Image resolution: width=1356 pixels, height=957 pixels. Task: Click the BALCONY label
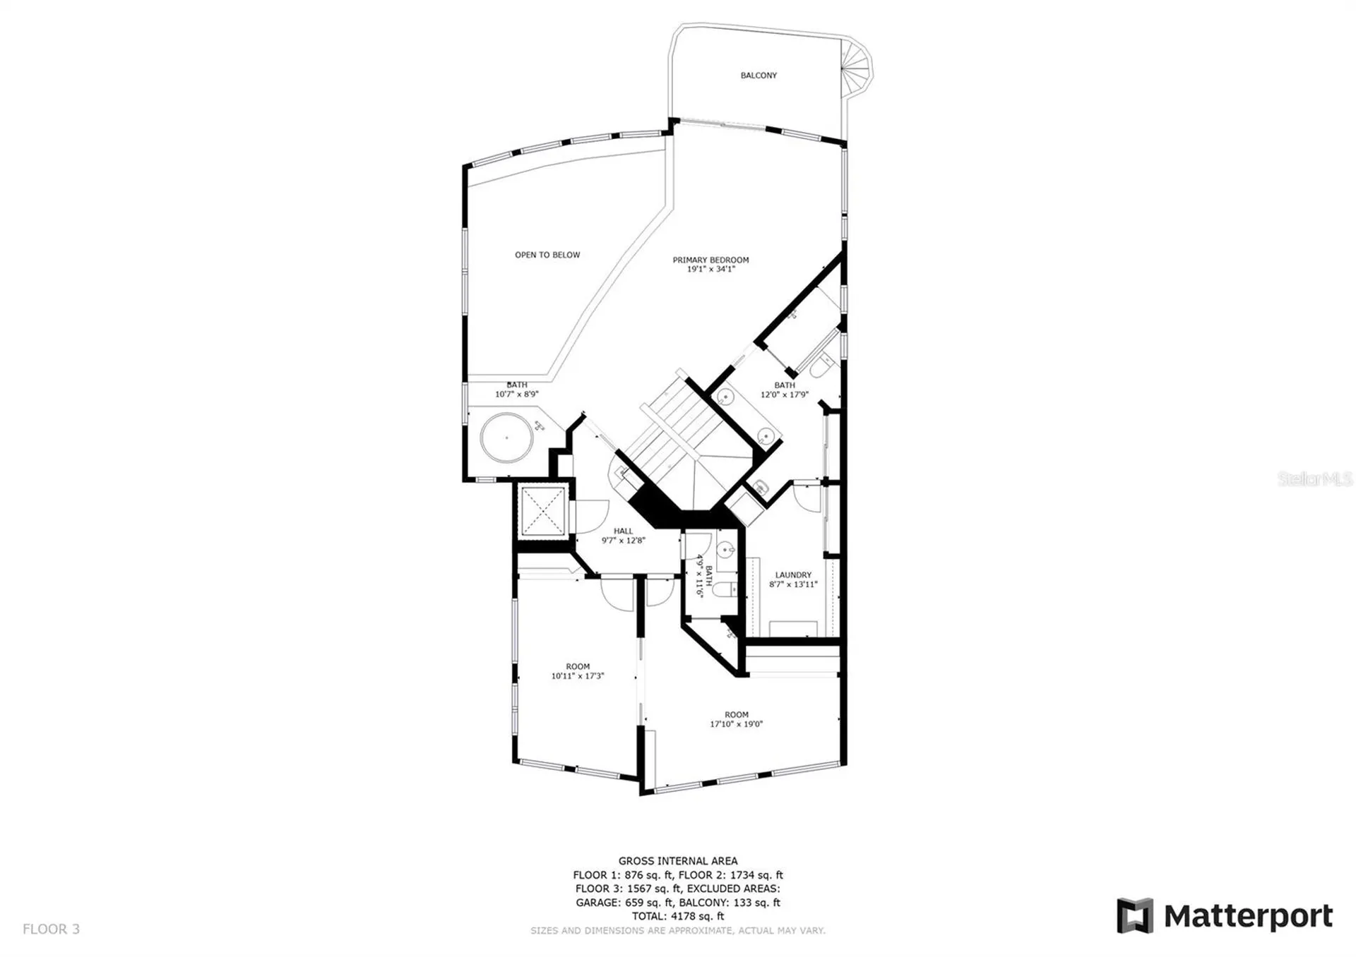pos(759,76)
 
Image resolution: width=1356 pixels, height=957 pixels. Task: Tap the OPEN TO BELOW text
pos(547,255)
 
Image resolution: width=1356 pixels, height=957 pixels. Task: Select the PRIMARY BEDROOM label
pos(710,260)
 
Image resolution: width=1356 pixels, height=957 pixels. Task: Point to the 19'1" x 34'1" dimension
pos(711,269)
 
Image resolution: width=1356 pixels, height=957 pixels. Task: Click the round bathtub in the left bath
pos(506,438)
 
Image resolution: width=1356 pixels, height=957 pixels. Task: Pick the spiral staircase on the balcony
pos(856,67)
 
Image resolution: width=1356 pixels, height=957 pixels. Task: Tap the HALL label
pos(624,531)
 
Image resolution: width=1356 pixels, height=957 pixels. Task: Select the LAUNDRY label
pos(793,575)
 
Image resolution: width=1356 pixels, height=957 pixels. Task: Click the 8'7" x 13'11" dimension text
pos(793,584)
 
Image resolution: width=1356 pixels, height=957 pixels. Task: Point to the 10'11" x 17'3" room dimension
pos(578,676)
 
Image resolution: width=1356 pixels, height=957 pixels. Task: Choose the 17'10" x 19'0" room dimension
pos(737,724)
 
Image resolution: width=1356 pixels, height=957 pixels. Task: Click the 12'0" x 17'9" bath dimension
pos(785,395)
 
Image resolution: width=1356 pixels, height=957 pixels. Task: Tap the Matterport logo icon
pos(1135,915)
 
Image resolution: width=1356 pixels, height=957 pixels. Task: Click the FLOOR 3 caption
pos(52,929)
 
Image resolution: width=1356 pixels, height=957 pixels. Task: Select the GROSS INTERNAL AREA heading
pos(678,861)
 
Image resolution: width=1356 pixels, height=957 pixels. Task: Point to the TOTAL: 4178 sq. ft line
pos(678,916)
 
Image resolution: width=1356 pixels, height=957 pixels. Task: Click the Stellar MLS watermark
pos(1315,479)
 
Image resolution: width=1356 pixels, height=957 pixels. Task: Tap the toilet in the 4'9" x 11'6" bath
pos(724,589)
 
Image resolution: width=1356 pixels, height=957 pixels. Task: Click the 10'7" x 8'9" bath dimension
pos(517,395)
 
